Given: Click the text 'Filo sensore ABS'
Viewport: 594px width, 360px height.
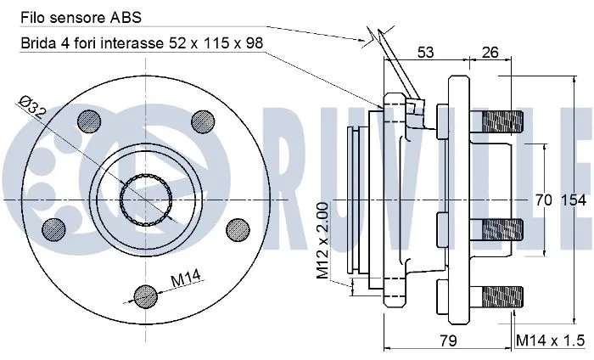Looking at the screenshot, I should [x=69, y=16].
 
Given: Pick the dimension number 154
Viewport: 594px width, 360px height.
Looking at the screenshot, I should [x=574, y=200].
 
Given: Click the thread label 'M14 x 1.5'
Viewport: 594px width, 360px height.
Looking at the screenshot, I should [x=551, y=340].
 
